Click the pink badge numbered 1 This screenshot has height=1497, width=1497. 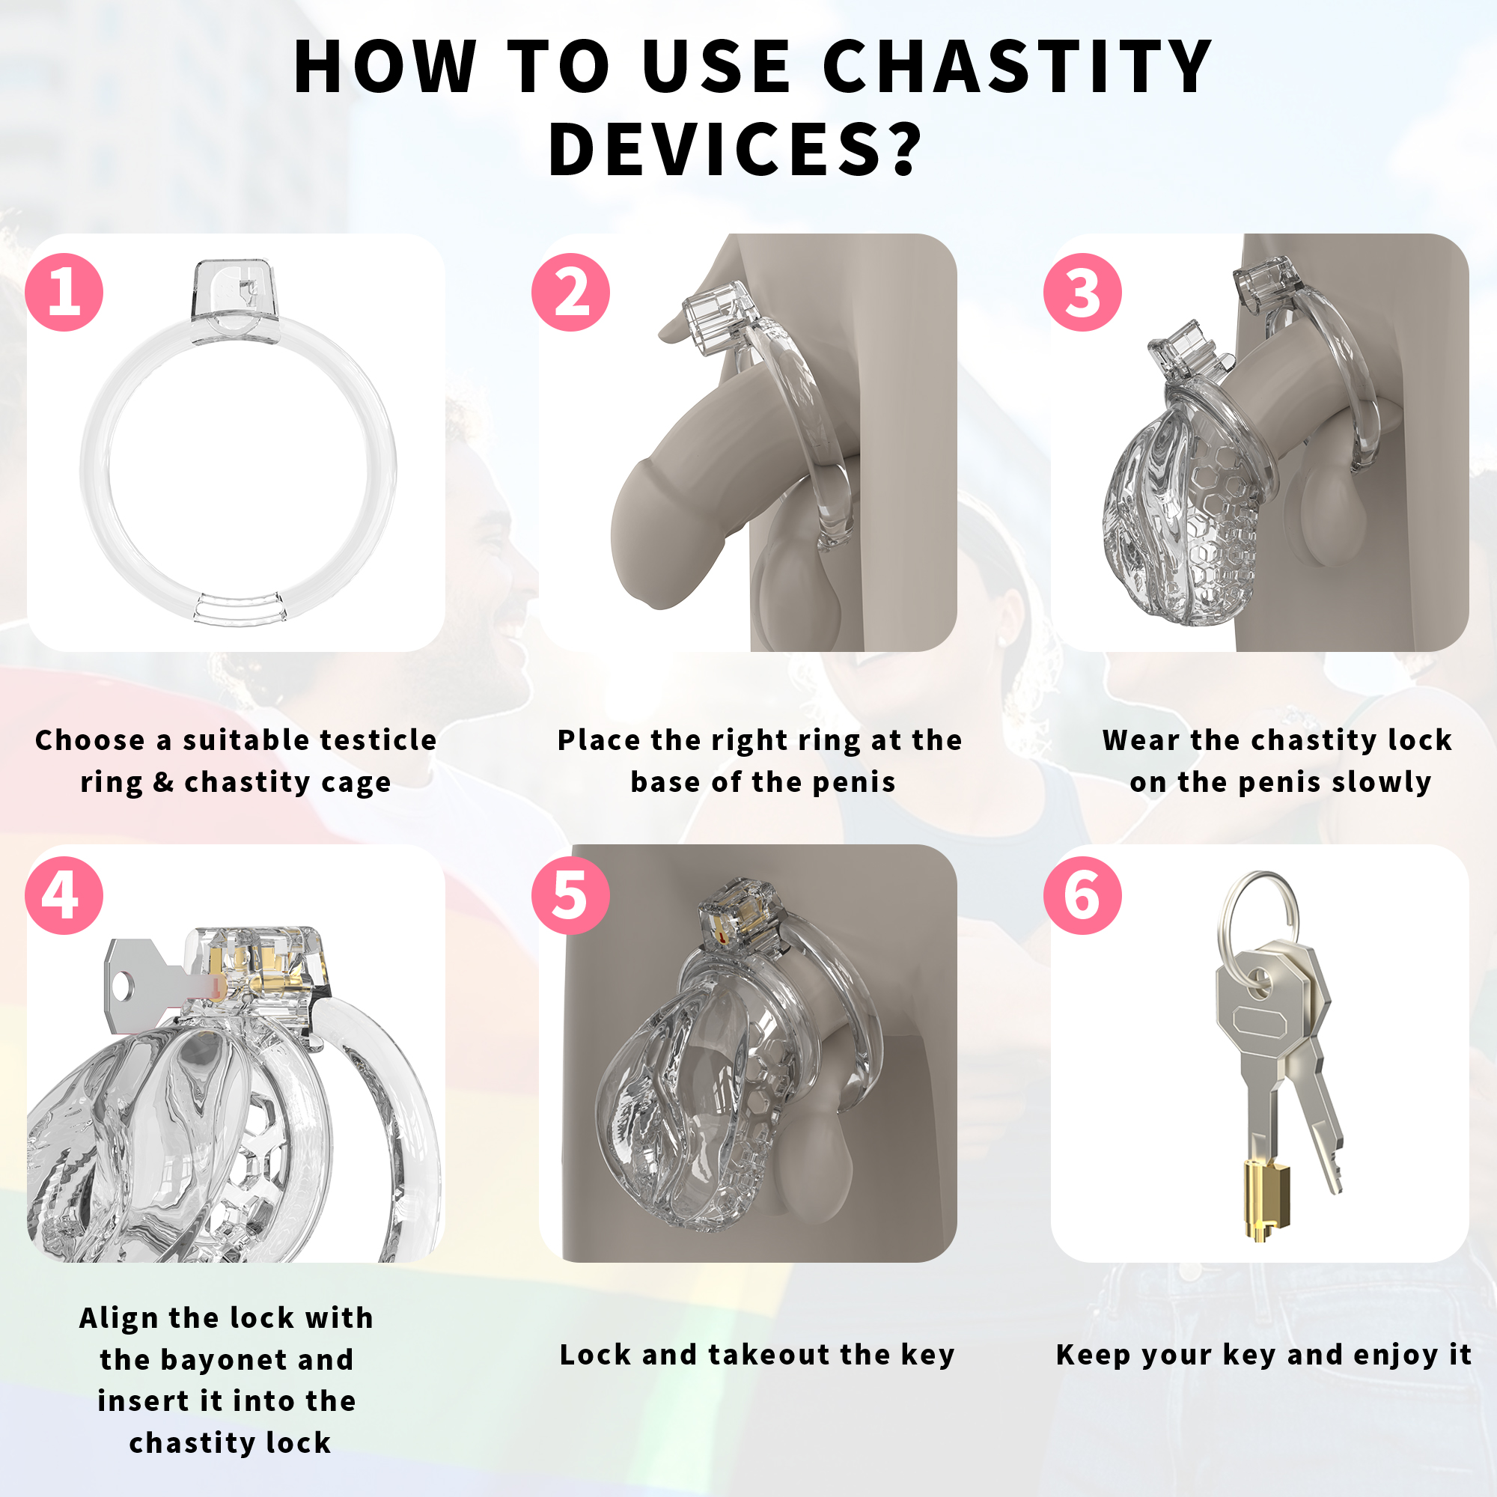coord(64,292)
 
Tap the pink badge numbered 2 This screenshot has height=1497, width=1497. coord(570,292)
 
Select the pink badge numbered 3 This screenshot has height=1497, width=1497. coord(1082,292)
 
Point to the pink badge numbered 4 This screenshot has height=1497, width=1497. coord(64,895)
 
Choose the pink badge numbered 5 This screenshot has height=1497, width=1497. coord(570,895)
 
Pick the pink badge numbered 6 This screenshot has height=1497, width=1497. coord(1082,895)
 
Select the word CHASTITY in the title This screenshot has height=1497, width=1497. coord(1016,67)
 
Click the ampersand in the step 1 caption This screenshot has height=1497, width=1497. coord(162,782)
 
